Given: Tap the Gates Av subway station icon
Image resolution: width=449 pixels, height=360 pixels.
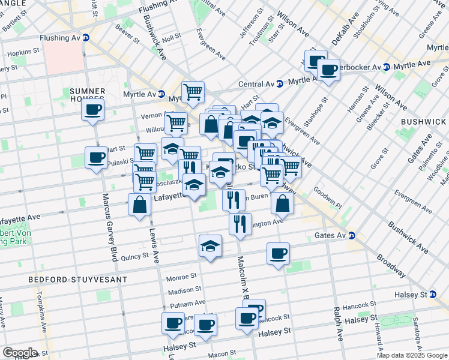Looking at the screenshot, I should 352,236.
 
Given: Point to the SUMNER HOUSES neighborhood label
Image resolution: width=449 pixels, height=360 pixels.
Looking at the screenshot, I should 88,95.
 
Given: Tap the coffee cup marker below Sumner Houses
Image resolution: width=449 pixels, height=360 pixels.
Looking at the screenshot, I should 93,110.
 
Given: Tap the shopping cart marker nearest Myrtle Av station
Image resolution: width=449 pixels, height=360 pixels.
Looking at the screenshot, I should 193,92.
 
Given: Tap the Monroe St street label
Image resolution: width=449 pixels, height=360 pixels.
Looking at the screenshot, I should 177,278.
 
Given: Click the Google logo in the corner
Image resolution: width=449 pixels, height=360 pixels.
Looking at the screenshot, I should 20,353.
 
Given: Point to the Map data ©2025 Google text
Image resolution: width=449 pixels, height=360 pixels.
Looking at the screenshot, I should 412,355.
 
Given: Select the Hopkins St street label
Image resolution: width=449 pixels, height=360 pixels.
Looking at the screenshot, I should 22,53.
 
